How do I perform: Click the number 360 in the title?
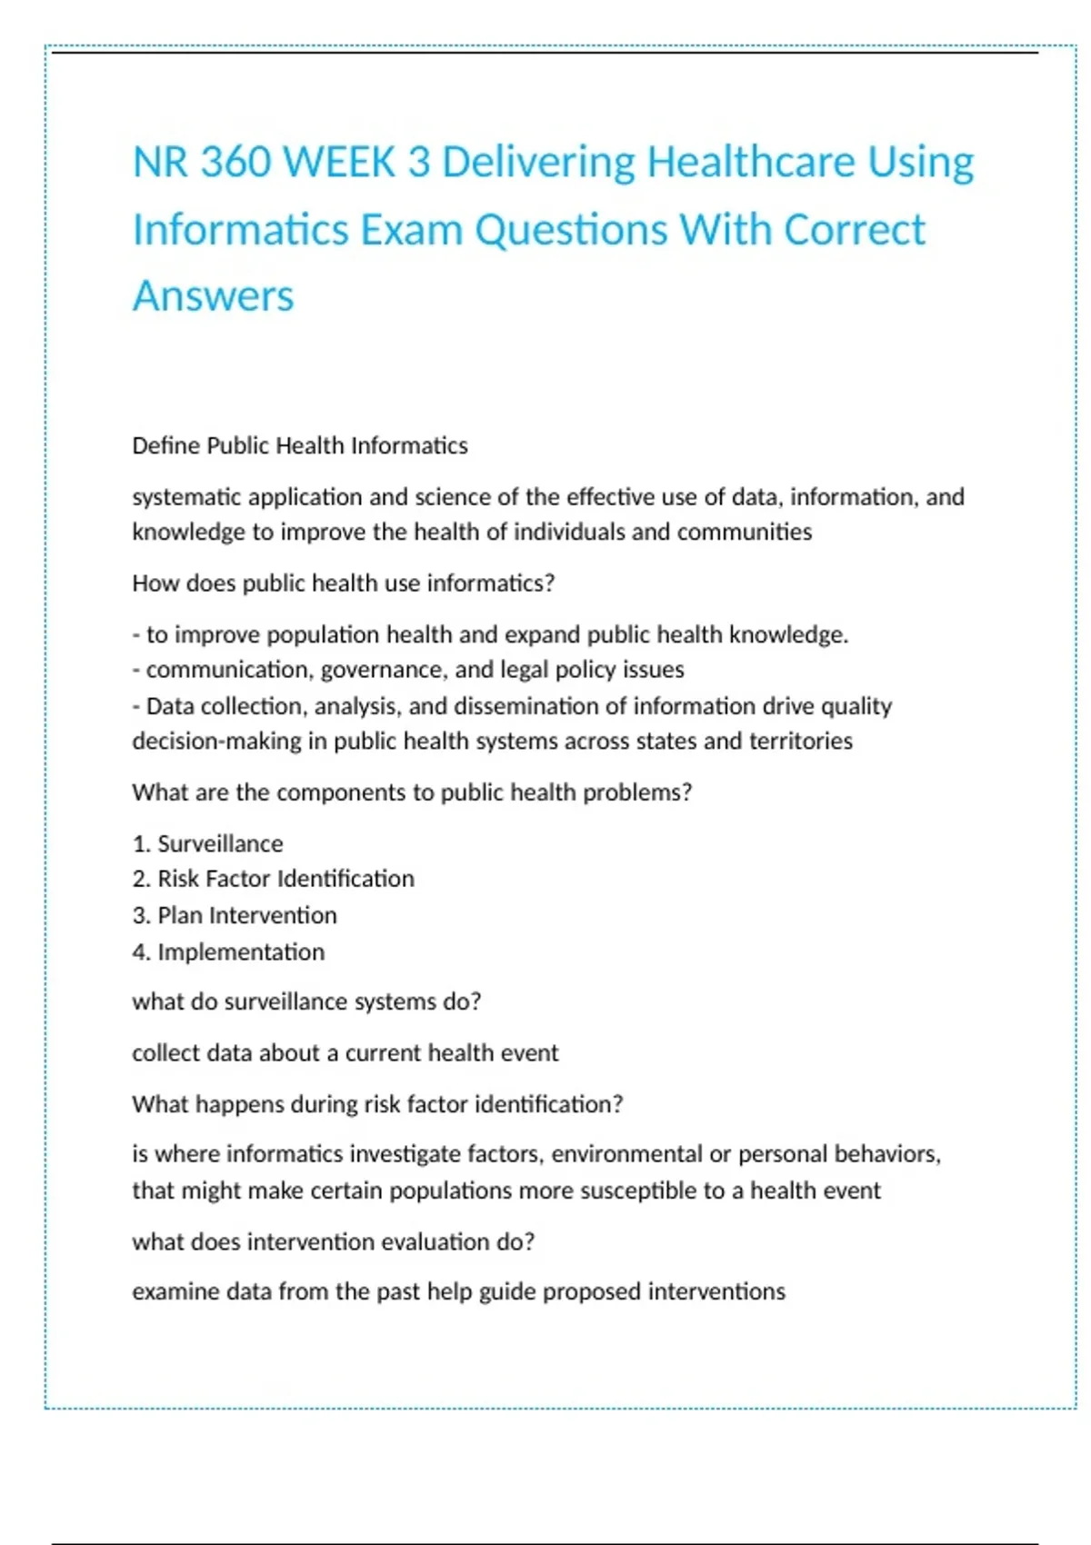coord(235,163)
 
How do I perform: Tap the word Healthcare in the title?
coord(751,163)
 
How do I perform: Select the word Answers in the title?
coord(213,296)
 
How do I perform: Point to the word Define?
coord(166,445)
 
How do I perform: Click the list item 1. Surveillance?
coord(207,844)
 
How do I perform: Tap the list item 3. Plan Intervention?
coord(235,915)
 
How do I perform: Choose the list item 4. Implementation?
coord(228,952)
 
